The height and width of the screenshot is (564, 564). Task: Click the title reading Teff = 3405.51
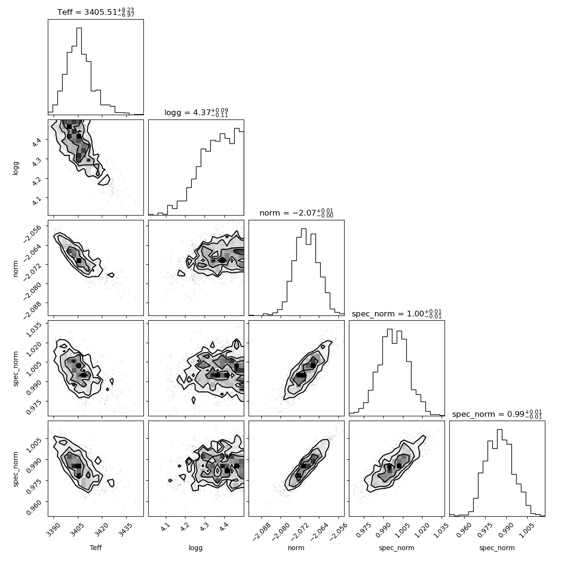tap(96, 12)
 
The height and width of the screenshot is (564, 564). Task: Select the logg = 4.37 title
tap(196, 112)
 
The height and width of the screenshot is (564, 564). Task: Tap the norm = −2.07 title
tap(296, 213)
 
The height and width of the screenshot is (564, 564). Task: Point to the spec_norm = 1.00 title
tap(397, 313)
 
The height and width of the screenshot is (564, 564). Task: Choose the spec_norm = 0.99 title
tap(497, 413)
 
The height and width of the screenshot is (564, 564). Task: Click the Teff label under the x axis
tap(96, 548)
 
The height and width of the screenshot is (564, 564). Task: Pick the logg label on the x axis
tap(195, 548)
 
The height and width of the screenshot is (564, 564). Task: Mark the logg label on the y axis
tap(15, 168)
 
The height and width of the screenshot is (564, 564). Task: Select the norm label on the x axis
tap(296, 548)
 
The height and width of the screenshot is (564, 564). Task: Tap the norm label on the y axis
tap(15, 268)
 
